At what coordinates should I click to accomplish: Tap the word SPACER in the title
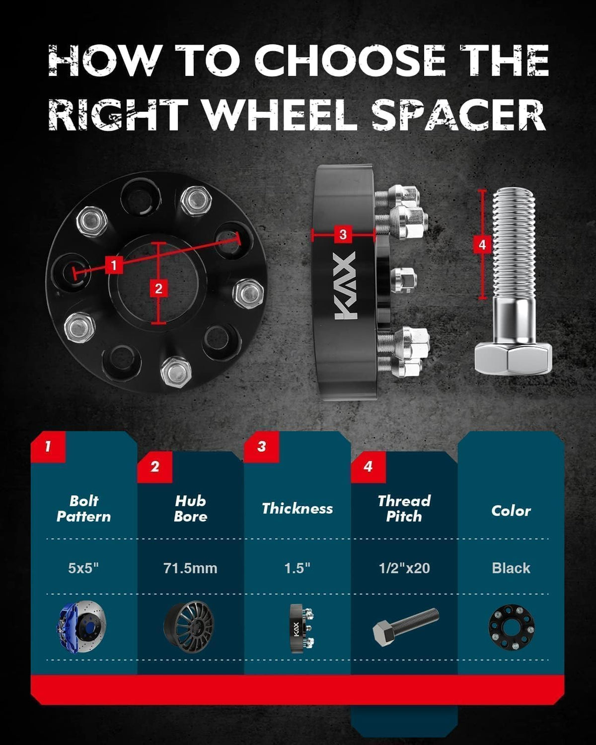pos(459,115)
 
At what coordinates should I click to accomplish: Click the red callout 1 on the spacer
pos(114,266)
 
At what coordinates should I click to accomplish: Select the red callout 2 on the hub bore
pos(158,289)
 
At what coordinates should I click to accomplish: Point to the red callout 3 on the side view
pos(343,234)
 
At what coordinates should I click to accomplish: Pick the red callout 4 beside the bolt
pos(482,245)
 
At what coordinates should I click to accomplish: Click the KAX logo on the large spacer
pos(345,285)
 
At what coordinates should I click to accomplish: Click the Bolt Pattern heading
pos(84,509)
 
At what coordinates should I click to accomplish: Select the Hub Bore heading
pos(190,509)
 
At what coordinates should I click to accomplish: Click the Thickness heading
pos(297,509)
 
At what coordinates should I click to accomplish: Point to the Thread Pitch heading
pos(404,509)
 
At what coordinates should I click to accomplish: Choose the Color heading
pos(511,511)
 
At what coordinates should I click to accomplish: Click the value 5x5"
pos(83,568)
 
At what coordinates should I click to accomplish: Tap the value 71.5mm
pos(190,568)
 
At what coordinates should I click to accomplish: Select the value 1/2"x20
pos(404,568)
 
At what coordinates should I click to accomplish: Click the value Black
pos(511,568)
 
